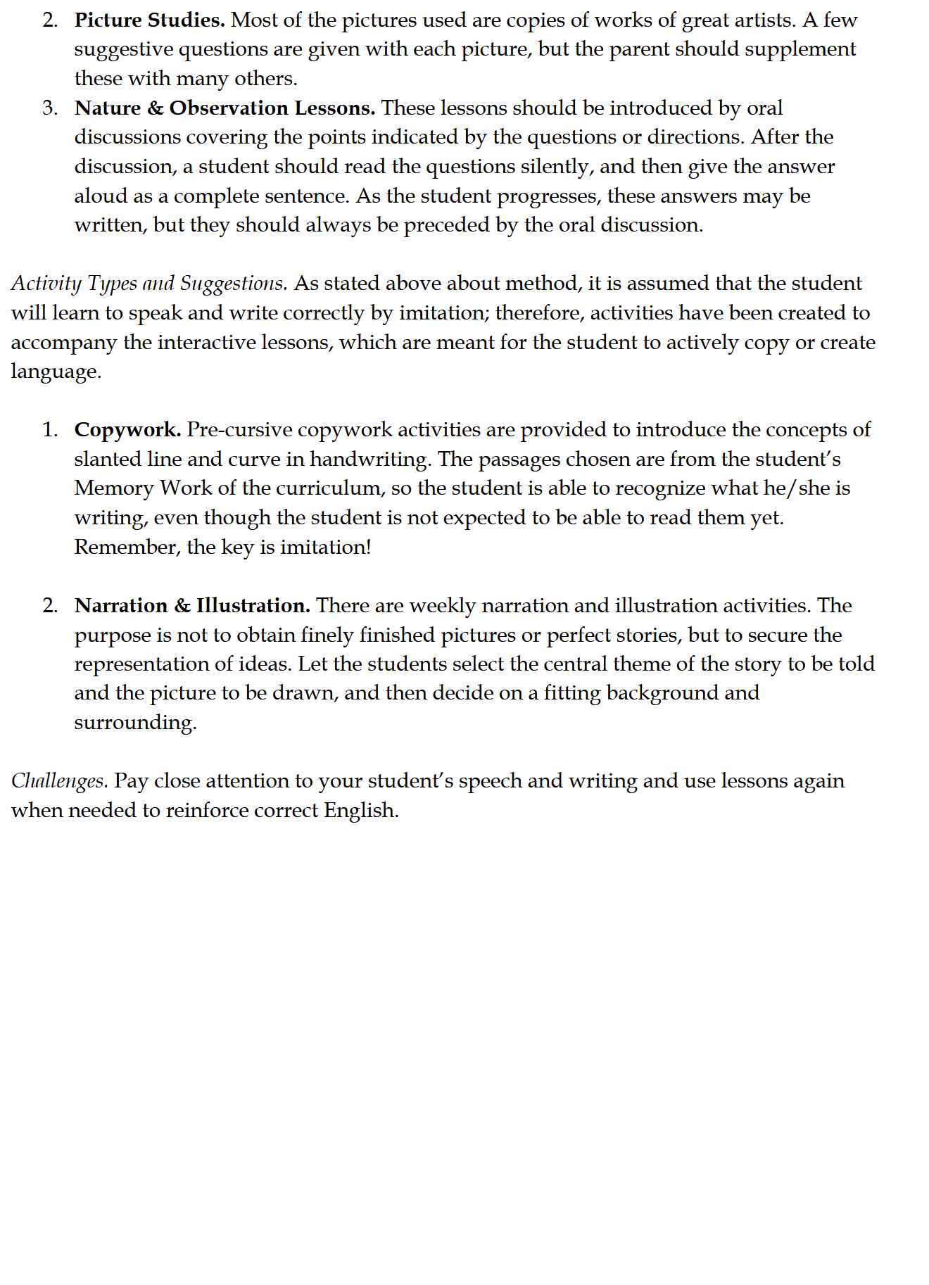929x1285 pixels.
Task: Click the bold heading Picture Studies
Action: coord(149,20)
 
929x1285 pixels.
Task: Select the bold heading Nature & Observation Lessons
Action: coord(225,108)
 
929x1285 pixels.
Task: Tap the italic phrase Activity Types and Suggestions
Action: coord(149,284)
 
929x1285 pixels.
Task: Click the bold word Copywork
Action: coord(127,430)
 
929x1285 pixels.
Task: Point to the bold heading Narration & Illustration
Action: coord(192,606)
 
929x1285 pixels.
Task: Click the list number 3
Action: coord(49,108)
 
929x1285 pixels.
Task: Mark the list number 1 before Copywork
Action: coord(49,430)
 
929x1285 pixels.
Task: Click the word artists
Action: coord(761,20)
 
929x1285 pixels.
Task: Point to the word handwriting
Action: coord(370,460)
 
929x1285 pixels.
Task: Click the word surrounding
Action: coord(135,723)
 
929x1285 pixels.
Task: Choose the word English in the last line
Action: coord(360,811)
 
